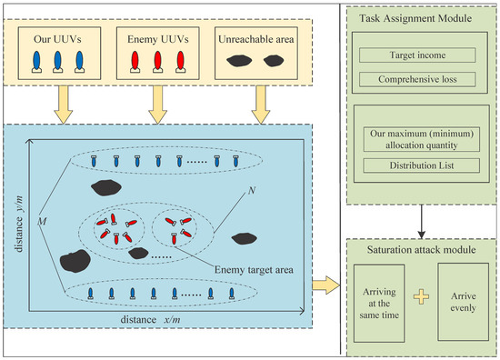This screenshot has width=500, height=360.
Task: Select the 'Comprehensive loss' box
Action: [421, 79]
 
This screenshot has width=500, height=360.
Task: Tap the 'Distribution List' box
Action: [421, 165]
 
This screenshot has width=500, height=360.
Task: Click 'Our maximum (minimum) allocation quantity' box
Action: [421, 138]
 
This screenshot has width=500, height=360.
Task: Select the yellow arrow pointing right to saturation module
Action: [322, 287]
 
